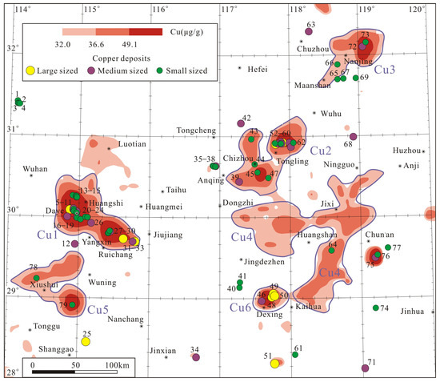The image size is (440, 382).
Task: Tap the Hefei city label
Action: (257, 70)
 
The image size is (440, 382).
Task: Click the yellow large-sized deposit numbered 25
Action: (86, 341)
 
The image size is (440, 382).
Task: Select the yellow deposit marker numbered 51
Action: (274, 364)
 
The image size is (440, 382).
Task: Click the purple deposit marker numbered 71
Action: (366, 368)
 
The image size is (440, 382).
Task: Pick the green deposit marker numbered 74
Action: (375, 308)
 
